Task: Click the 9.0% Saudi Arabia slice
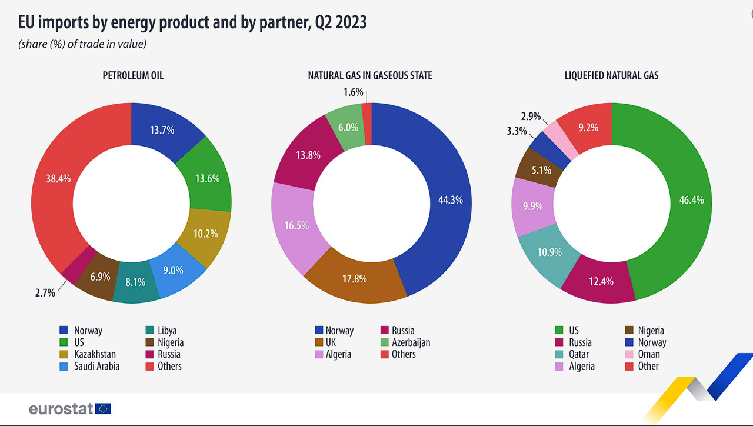click(x=175, y=271)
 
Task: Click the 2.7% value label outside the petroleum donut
click(x=45, y=293)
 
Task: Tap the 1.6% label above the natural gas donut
click(x=353, y=92)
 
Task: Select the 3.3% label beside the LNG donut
click(x=517, y=131)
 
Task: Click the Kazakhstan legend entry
click(x=88, y=354)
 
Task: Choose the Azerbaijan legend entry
click(x=405, y=342)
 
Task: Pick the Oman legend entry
click(x=642, y=354)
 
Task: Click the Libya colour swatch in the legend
click(x=149, y=330)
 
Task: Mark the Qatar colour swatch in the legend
click(x=559, y=354)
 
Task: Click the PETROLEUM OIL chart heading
click(x=133, y=75)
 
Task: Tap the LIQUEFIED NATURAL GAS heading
click(x=611, y=75)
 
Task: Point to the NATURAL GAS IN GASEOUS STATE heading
click(x=370, y=75)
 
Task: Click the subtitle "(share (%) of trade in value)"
click(x=82, y=44)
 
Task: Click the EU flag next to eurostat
click(x=103, y=409)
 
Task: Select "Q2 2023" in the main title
click(x=341, y=22)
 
